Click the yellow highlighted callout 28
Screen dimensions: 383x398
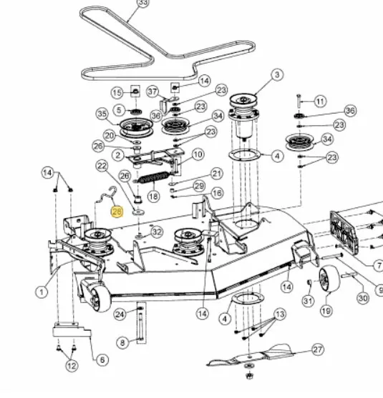click(117, 212)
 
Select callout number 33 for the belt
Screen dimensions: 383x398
click(143, 3)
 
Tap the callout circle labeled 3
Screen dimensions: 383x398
click(277, 74)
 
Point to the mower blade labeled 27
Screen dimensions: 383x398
click(251, 355)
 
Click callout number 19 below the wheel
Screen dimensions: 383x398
click(326, 310)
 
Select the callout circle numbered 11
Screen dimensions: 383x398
click(320, 101)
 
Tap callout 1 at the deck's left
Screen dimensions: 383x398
click(42, 292)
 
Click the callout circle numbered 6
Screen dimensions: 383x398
click(102, 359)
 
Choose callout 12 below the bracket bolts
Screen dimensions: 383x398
click(72, 366)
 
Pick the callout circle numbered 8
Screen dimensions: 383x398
click(122, 343)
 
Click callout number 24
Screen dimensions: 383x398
click(120, 314)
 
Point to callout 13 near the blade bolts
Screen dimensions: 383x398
click(280, 314)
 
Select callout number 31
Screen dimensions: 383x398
click(308, 301)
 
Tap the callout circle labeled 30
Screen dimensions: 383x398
click(363, 298)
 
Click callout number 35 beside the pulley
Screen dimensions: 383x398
click(102, 114)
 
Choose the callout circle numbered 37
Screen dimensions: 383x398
click(153, 91)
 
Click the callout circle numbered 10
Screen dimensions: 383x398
click(198, 154)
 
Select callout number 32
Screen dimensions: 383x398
click(157, 232)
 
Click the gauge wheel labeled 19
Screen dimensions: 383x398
click(329, 279)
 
